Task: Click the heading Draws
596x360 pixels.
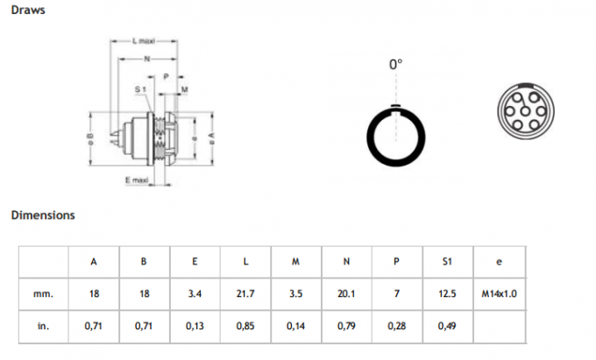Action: tap(28, 11)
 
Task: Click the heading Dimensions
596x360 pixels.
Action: tap(43, 215)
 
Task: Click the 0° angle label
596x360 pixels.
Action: tap(395, 65)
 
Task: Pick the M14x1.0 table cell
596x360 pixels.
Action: tap(499, 293)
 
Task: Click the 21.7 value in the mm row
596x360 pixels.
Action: tap(245, 293)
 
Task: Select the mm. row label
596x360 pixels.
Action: tap(44, 293)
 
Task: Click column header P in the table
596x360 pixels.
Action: tap(397, 261)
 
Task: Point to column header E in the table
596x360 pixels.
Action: tap(195, 261)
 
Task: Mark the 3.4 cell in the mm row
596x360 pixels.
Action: tap(195, 293)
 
